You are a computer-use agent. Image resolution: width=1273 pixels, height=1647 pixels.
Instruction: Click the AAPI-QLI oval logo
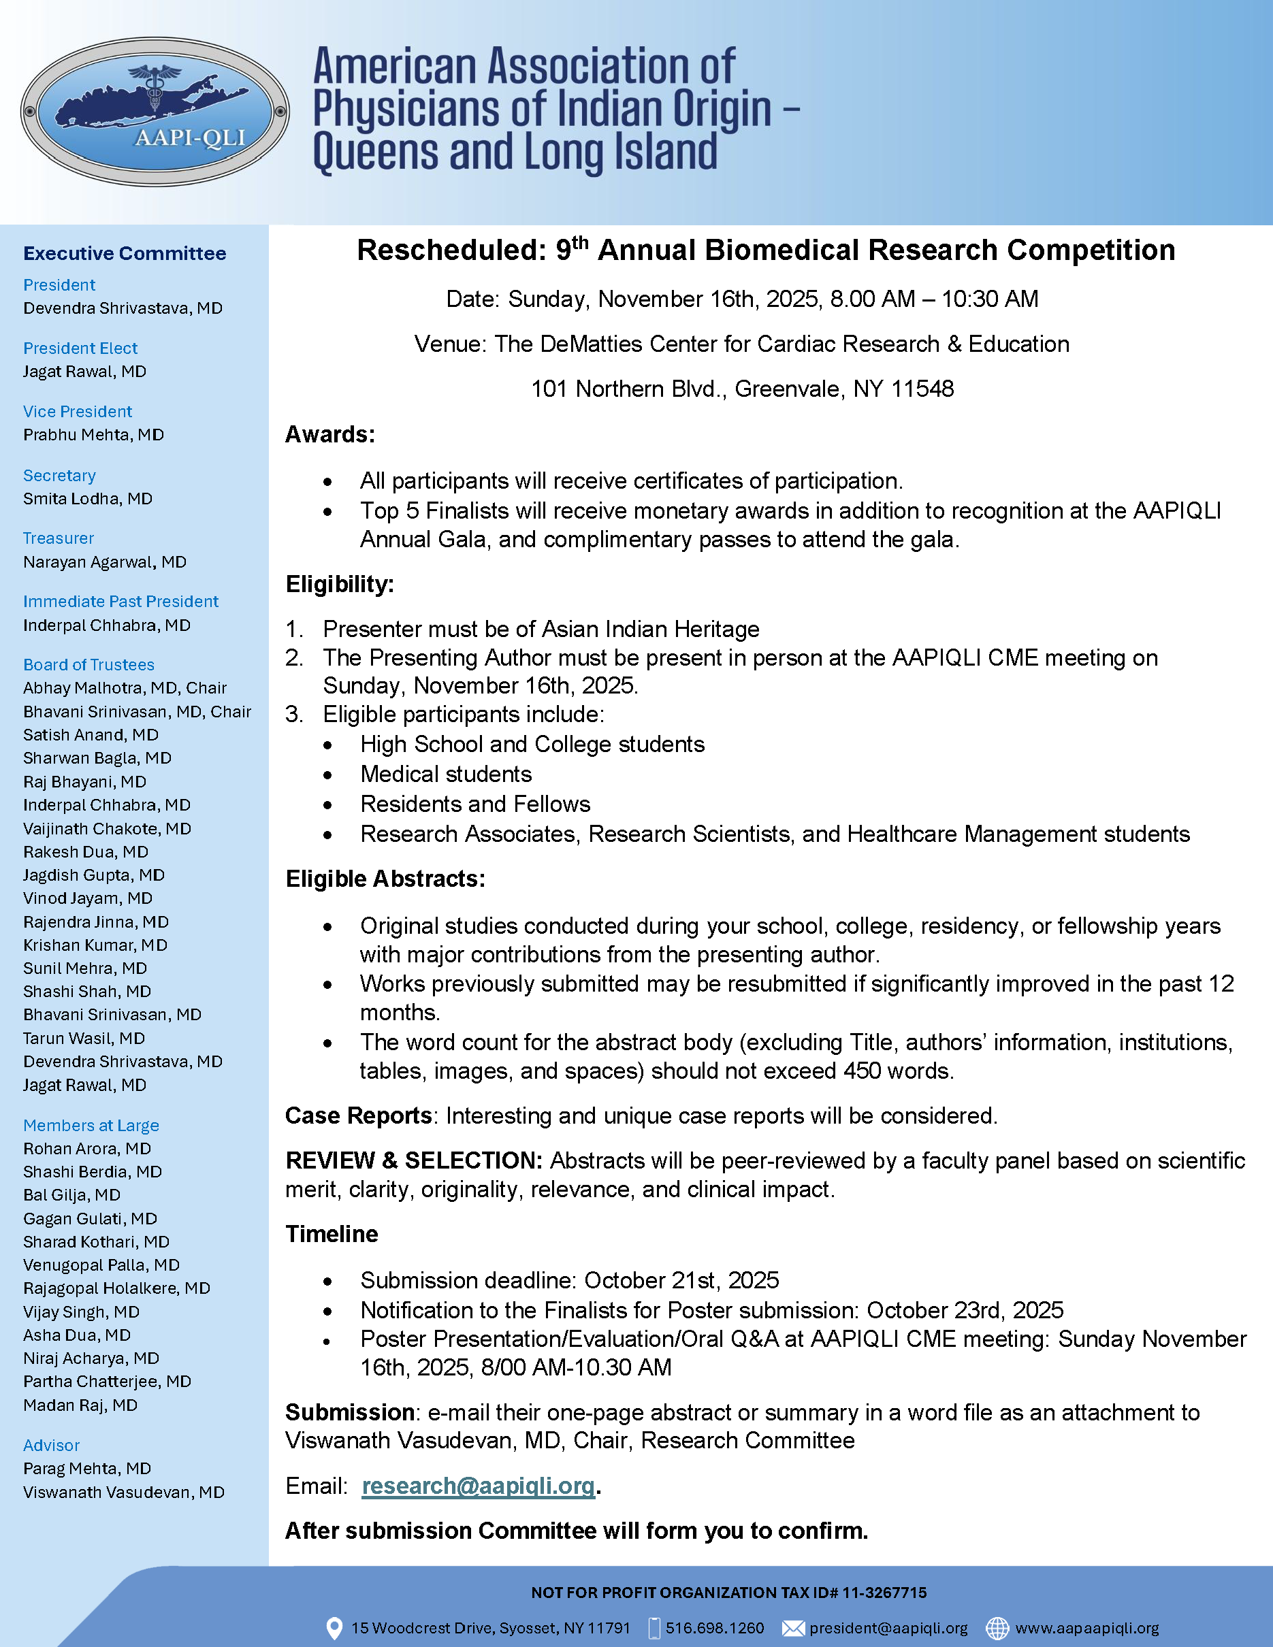pyautogui.click(x=155, y=112)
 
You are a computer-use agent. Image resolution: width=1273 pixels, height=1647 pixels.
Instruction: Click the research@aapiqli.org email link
pyautogui.click(x=478, y=1485)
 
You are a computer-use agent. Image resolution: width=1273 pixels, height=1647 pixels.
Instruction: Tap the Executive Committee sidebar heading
pyautogui.click(x=125, y=253)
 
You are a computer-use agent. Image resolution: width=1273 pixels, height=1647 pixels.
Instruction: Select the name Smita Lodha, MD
pyautogui.click(x=88, y=498)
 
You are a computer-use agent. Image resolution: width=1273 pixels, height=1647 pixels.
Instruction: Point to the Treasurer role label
pyautogui.click(x=58, y=538)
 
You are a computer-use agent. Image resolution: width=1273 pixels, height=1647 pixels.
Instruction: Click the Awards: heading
pyautogui.click(x=329, y=434)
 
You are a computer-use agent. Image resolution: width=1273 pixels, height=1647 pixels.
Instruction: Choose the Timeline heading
pyautogui.click(x=331, y=1234)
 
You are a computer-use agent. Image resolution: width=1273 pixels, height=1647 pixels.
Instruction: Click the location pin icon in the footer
pyautogui.click(x=334, y=1628)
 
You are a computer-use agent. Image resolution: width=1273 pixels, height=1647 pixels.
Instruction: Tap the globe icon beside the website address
pyautogui.click(x=997, y=1628)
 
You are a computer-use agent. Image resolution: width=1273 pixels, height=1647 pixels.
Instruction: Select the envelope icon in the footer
pyautogui.click(x=792, y=1628)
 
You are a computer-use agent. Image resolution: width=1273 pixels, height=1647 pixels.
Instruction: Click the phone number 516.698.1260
pyautogui.click(x=714, y=1628)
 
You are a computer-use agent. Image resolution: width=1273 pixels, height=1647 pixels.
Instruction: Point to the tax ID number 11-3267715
pyautogui.click(x=884, y=1593)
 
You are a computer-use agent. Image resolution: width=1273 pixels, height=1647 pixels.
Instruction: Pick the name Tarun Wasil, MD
pyautogui.click(x=84, y=1039)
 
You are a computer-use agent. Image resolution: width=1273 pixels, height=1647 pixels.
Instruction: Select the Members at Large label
pyautogui.click(x=91, y=1125)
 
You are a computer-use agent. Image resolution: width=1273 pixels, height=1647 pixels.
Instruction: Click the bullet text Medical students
pyautogui.click(x=446, y=774)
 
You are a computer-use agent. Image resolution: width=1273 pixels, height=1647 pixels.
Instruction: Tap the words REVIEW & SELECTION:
pyautogui.click(x=413, y=1160)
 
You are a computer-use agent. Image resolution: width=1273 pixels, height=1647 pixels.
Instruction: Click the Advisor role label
pyautogui.click(x=51, y=1445)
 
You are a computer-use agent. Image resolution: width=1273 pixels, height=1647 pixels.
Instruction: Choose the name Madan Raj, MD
pyautogui.click(x=80, y=1405)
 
